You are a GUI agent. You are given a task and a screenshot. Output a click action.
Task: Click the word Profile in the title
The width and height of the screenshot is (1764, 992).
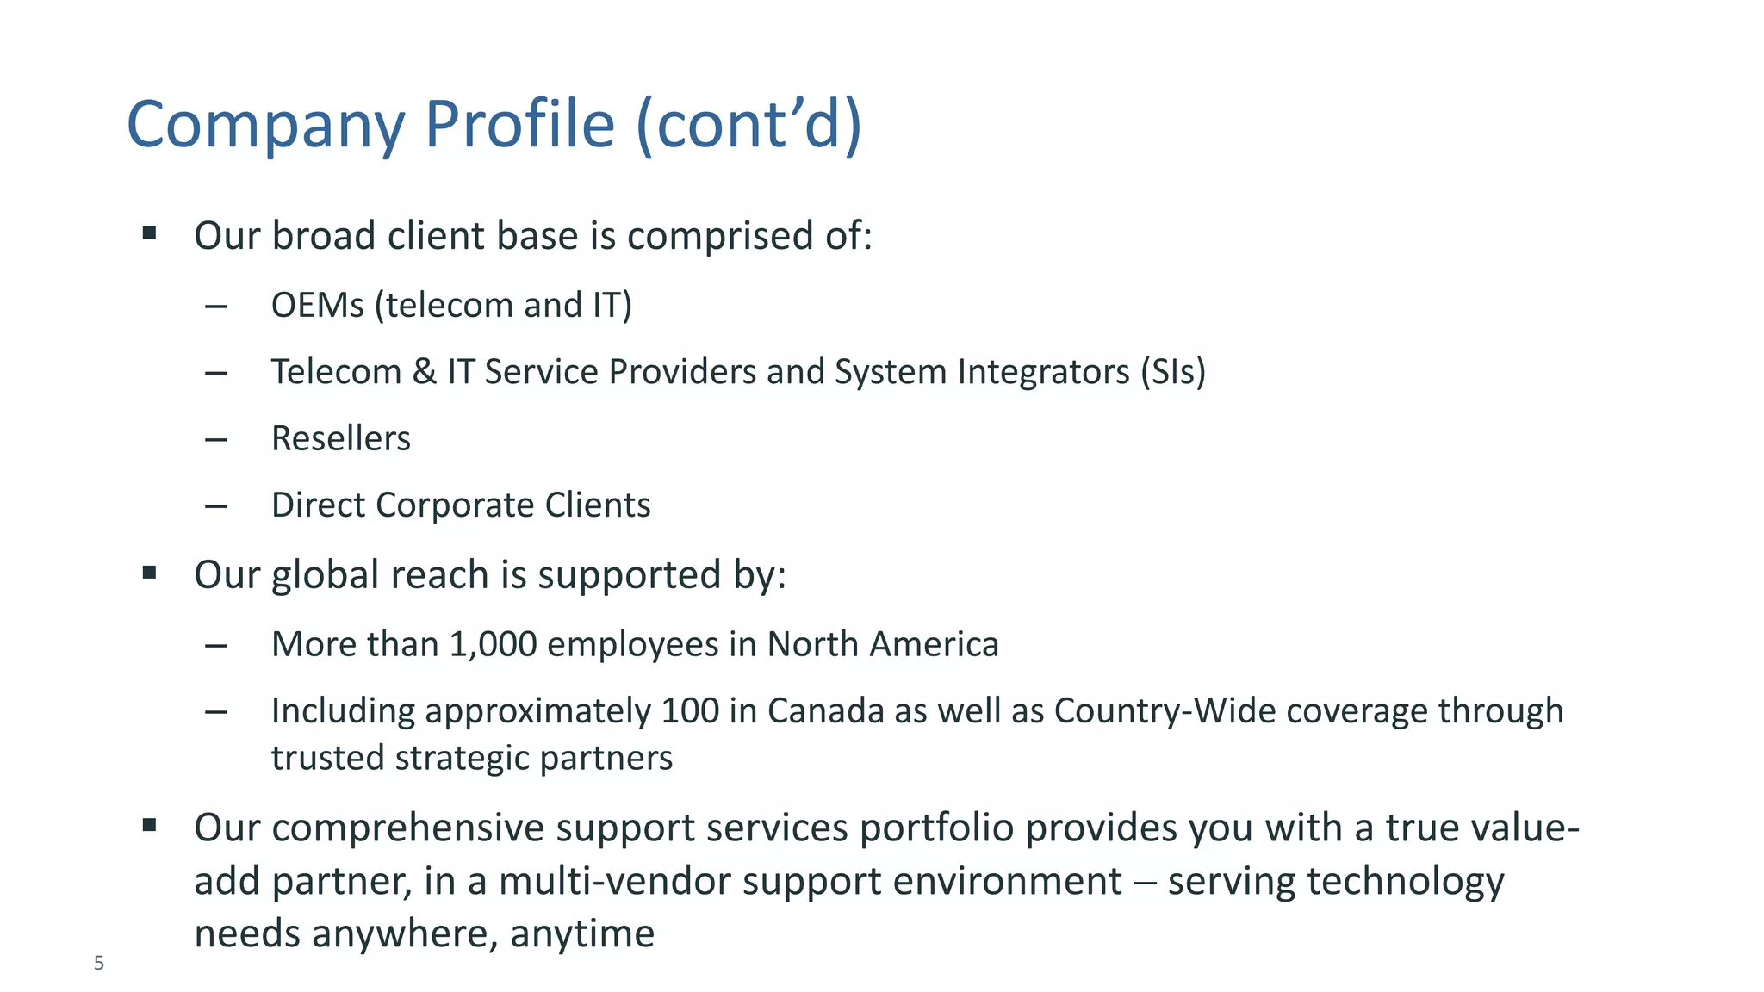click(x=519, y=125)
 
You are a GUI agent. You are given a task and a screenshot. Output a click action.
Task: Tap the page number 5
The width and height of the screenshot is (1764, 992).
click(x=99, y=964)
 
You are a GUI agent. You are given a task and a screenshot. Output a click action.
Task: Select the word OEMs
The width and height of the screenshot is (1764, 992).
click(x=317, y=306)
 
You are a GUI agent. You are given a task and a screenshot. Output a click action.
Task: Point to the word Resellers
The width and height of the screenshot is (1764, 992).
click(x=340, y=439)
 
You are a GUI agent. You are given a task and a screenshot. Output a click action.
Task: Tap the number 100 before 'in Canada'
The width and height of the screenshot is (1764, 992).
click(x=690, y=711)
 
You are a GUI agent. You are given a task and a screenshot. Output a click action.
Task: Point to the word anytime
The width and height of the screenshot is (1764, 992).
click(x=582, y=934)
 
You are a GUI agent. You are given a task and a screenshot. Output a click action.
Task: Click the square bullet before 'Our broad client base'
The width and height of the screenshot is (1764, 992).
click(x=150, y=233)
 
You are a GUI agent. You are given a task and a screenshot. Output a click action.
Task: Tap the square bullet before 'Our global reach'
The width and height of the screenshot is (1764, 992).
click(x=150, y=573)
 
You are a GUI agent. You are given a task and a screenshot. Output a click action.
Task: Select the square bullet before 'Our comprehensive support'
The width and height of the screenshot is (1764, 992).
click(x=150, y=826)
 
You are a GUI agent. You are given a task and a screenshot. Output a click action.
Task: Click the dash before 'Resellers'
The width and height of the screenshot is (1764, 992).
click(x=216, y=440)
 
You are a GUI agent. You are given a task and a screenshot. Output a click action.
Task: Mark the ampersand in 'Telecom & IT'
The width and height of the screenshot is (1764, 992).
click(x=424, y=372)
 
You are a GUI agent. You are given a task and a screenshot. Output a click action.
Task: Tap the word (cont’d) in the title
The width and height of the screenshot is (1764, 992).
click(x=748, y=125)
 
